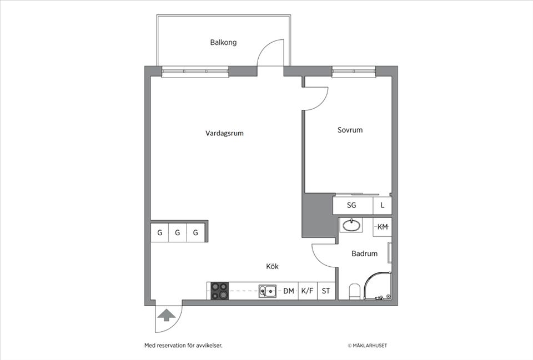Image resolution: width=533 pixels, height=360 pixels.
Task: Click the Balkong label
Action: click(223, 42)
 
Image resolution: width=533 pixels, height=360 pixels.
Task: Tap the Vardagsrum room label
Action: click(224, 133)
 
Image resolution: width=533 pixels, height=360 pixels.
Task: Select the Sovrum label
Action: click(350, 130)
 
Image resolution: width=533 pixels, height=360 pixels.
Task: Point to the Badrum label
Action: click(364, 253)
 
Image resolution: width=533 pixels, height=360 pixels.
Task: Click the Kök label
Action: click(272, 266)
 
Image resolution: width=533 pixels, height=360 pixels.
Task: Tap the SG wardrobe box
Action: click(352, 205)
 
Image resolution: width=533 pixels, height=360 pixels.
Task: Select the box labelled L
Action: click(382, 205)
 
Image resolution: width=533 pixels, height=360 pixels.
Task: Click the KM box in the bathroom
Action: click(383, 227)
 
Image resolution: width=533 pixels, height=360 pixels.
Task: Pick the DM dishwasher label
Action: click(288, 291)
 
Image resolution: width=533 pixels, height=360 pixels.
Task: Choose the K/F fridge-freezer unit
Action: click(307, 291)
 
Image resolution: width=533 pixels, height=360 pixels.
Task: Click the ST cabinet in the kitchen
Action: click(326, 291)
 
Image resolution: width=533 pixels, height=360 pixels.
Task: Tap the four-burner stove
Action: click(219, 291)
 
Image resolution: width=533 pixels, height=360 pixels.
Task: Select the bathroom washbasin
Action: click(351, 226)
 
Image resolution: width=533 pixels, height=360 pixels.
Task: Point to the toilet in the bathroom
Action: click(354, 291)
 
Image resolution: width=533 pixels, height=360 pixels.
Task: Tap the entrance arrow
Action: click(165, 316)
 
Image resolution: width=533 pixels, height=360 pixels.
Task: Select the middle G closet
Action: click(178, 232)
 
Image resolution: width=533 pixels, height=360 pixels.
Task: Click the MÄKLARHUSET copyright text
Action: click(368, 346)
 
